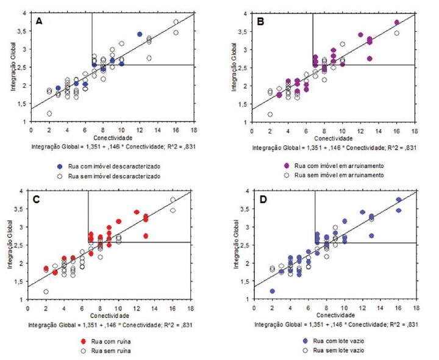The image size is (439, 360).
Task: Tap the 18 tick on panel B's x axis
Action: pos(415,130)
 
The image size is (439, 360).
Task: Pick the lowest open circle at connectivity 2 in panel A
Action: pos(49,113)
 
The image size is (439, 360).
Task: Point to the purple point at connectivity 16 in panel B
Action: pos(397,23)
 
